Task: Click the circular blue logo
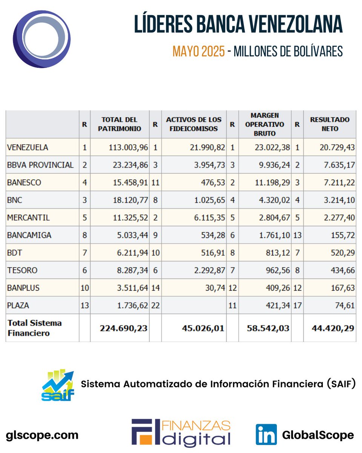[42, 39]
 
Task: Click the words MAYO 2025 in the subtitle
[199, 51]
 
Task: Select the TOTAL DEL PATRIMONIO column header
[120, 124]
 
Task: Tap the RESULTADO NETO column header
[329, 124]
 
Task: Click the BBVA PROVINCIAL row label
[40, 165]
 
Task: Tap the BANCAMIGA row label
[29, 235]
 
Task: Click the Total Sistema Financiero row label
[34, 328]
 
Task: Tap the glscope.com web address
[42, 435]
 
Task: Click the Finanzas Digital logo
[181, 433]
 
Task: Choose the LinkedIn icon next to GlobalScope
[266, 435]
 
